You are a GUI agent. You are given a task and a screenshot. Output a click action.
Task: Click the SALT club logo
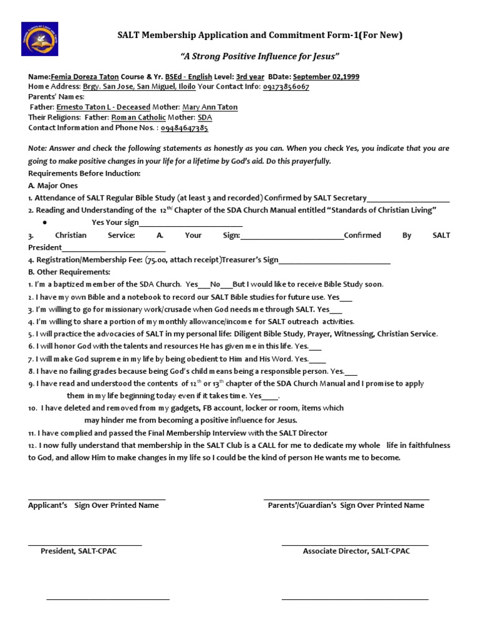pos(40,39)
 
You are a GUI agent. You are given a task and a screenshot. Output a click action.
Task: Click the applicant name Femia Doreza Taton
pos(84,77)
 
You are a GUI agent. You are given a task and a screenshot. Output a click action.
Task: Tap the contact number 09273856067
pos(286,87)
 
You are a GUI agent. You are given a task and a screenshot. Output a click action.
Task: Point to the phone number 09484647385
pos(185,128)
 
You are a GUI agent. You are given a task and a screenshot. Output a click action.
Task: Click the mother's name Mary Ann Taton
pos(210,107)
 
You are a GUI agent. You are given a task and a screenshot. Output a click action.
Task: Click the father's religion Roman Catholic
pos(138,117)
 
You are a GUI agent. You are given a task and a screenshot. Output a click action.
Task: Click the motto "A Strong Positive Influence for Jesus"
pos(259,57)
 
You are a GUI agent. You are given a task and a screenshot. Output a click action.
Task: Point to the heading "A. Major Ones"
pos(53,186)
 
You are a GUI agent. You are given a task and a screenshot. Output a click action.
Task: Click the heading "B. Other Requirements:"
pos(69,272)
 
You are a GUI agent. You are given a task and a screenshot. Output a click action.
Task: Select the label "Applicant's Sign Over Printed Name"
pos(94,505)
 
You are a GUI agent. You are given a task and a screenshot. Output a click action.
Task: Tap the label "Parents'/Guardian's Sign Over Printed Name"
pos(346,505)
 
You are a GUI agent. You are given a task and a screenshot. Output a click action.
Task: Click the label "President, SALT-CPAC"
pos(79,551)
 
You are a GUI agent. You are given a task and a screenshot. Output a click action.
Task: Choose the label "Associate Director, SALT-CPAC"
pos(356,551)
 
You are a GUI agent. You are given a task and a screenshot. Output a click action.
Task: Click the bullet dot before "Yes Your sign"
pos(46,223)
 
